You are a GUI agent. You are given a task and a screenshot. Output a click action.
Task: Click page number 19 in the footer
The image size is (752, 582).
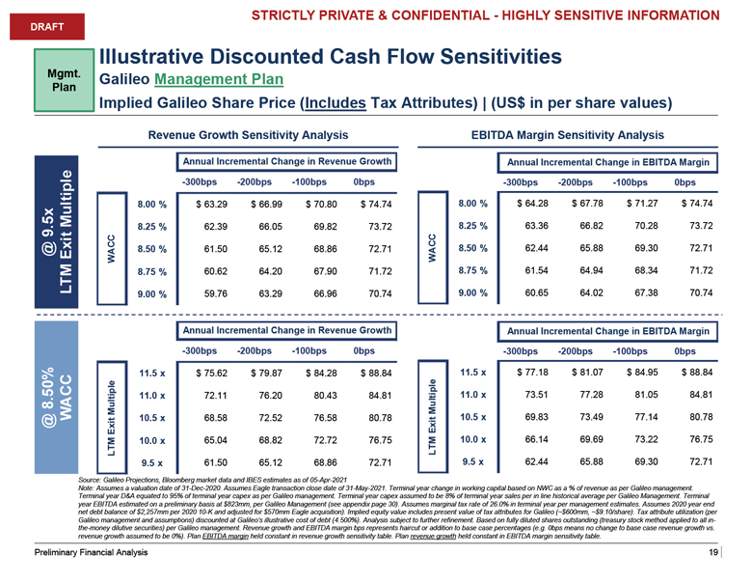[x=712, y=551]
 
